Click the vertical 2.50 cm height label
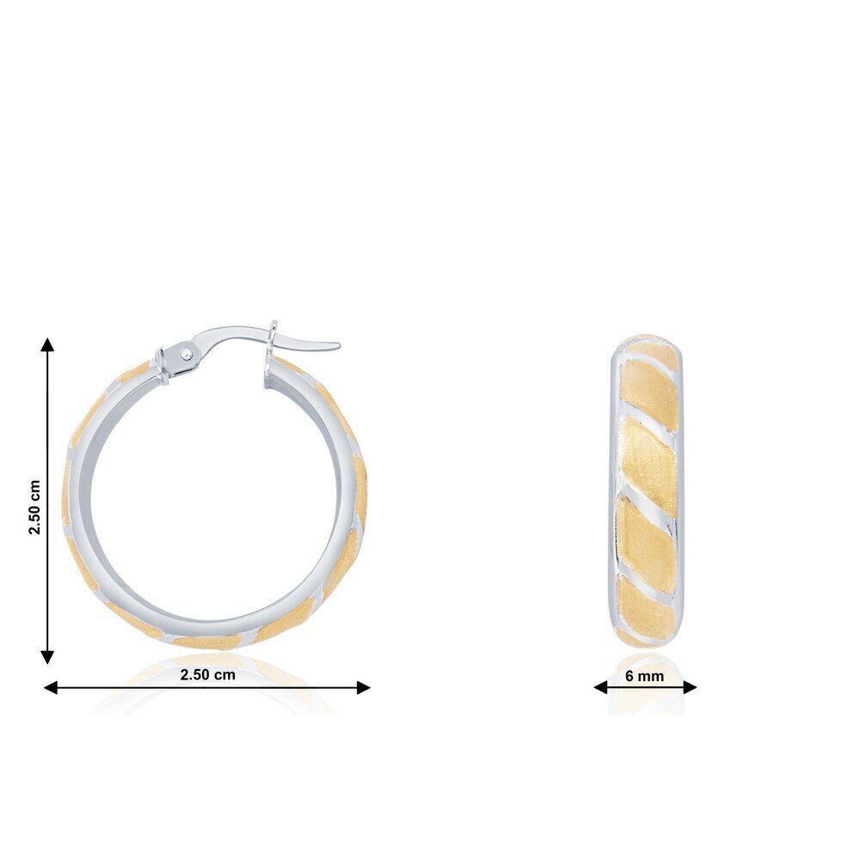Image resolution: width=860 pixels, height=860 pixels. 34,507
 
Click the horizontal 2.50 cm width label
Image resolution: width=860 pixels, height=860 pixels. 208,674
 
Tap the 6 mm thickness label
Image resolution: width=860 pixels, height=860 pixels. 644,676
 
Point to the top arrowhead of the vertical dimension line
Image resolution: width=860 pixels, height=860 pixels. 47,344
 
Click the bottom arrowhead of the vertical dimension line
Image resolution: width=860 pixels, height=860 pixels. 47,657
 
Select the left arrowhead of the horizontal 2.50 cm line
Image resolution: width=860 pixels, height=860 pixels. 51,687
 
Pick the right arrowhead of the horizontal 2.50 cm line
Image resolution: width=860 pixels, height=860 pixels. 363,687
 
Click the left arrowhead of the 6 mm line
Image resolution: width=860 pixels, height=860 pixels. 600,686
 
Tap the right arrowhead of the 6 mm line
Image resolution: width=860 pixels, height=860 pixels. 690,686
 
